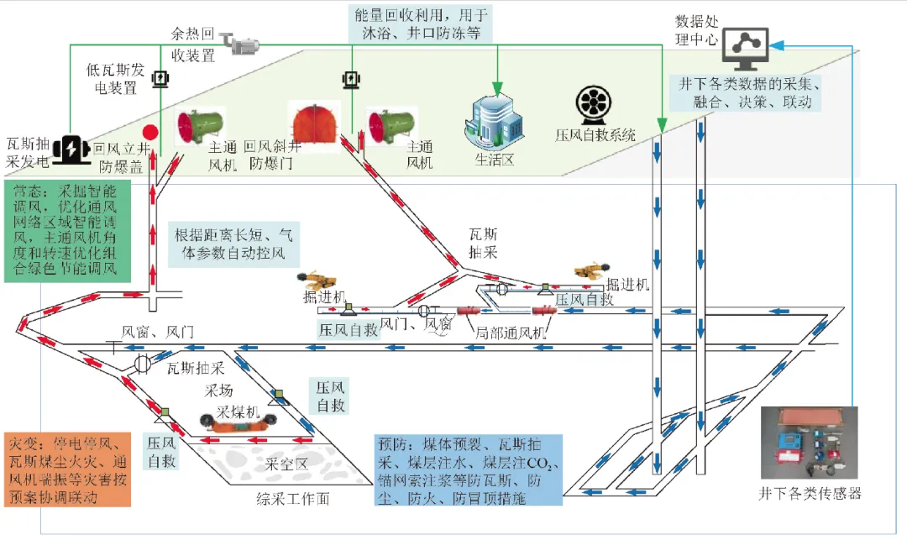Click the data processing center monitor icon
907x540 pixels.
(743, 47)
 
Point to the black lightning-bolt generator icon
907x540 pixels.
(68, 149)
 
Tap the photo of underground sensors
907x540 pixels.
(810, 443)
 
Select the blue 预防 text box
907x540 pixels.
(467, 469)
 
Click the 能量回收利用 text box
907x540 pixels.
(421, 24)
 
